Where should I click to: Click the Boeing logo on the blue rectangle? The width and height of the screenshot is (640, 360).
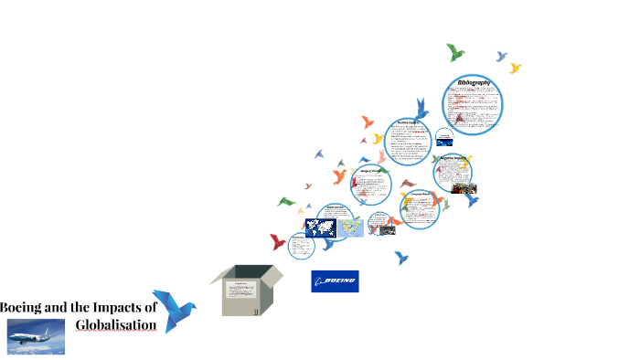[x=335, y=281]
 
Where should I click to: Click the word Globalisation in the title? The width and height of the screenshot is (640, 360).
[x=115, y=324]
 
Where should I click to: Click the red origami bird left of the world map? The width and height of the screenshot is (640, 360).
[x=277, y=242]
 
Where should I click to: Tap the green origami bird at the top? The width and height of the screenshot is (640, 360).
[x=454, y=52]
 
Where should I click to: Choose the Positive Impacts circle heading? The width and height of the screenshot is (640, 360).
[x=408, y=122]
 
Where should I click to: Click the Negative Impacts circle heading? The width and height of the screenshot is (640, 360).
[x=454, y=157]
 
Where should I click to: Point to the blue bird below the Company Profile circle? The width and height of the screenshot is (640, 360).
[x=401, y=258]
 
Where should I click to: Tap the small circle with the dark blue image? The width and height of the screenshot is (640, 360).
[x=443, y=138]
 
